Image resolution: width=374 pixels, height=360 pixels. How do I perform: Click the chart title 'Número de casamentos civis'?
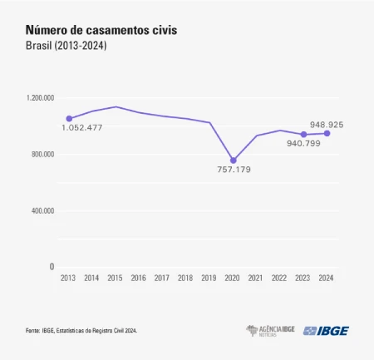101,31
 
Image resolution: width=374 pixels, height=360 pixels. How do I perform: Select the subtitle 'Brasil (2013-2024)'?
67,46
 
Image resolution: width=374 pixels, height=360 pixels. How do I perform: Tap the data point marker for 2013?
69,119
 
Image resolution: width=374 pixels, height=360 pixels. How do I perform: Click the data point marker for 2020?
234,160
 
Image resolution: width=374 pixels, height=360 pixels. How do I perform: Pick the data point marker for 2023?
303,135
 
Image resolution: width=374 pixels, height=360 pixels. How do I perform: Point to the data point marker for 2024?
327,133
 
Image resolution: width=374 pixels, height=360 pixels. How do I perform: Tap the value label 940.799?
304,143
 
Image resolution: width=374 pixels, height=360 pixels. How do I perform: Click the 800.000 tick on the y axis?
42,155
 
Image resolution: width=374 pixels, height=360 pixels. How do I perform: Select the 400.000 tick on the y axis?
42,211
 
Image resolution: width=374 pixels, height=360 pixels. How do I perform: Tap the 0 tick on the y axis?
52,267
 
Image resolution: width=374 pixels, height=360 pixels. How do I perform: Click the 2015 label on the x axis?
116,279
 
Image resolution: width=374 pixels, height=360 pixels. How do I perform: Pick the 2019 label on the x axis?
209,279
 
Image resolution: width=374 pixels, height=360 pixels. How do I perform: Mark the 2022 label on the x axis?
279,279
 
